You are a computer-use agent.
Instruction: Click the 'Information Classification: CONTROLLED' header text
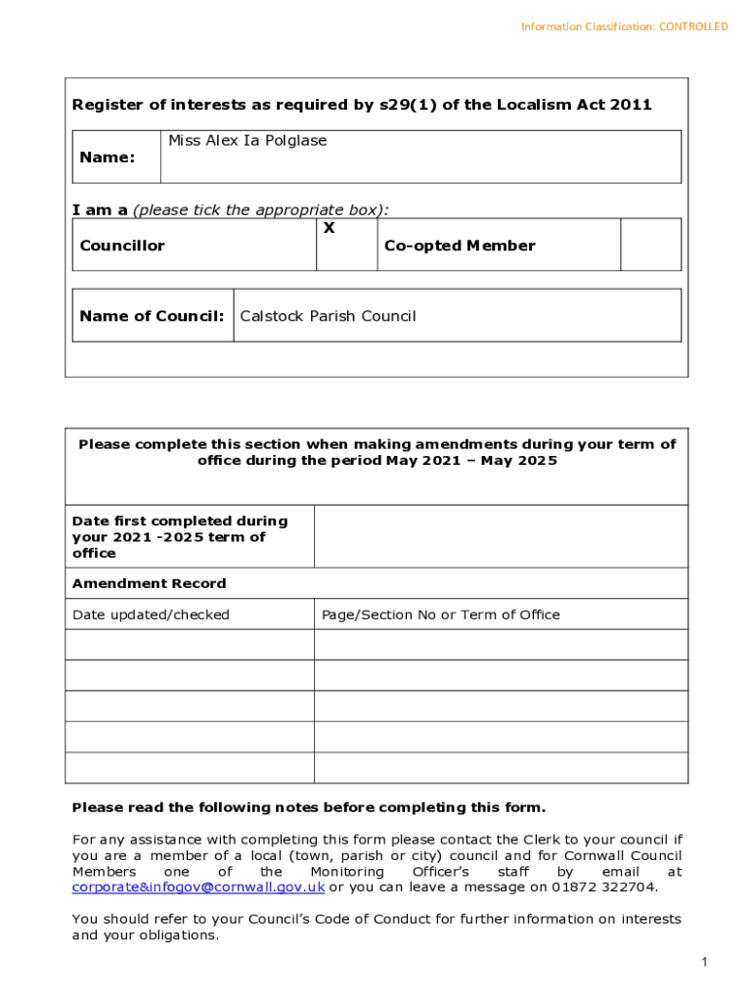click(624, 26)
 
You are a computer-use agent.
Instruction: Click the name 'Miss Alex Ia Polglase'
click(247, 141)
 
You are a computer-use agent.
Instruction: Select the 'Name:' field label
click(107, 158)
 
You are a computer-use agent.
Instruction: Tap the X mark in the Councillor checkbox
click(329, 228)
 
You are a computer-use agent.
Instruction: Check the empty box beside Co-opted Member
click(650, 245)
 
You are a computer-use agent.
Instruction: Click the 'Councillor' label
click(122, 246)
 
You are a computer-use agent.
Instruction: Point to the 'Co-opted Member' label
click(460, 246)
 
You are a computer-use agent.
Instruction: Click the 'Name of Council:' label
click(152, 316)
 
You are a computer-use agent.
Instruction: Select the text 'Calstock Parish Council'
click(328, 316)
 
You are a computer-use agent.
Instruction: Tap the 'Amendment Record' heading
click(149, 583)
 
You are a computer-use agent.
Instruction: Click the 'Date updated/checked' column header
click(151, 615)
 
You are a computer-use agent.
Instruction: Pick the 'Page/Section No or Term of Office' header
click(441, 615)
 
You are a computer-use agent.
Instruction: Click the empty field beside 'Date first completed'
click(500, 536)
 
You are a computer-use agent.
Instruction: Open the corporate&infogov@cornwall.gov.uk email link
click(199, 888)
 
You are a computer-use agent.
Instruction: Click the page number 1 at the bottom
click(703, 964)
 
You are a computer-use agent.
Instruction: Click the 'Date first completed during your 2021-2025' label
click(180, 536)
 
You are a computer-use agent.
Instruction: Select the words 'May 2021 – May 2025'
click(471, 460)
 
